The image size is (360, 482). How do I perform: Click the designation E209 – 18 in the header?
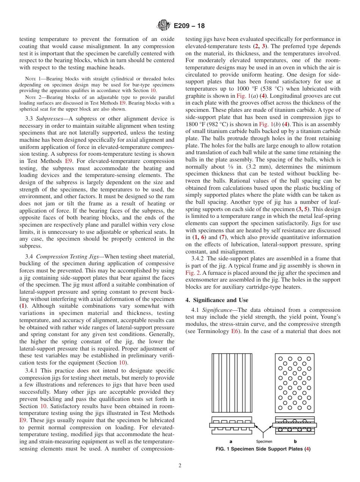(189, 26)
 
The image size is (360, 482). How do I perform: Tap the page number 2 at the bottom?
(180, 466)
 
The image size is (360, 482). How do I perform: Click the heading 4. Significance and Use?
(217, 300)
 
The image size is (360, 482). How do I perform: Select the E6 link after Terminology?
(235, 331)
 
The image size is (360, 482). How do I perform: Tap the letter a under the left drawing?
(231, 441)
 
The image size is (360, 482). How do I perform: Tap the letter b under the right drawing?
(295, 441)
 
